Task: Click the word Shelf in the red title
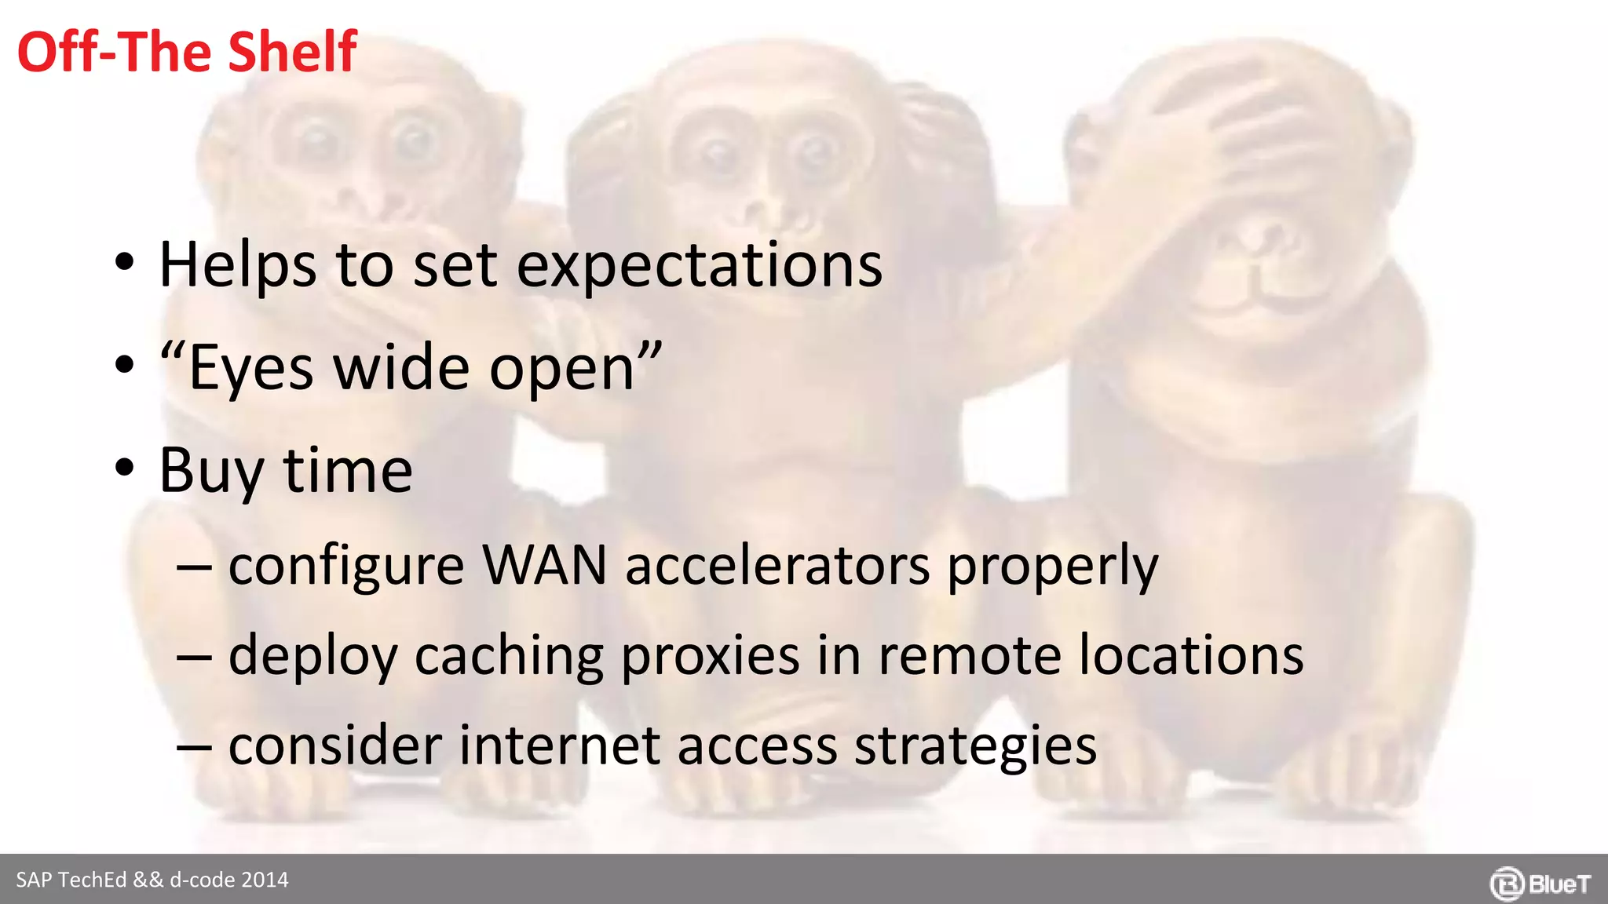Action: coord(292,52)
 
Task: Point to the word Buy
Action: coord(210,471)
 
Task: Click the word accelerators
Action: coord(777,565)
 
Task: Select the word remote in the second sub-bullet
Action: coord(970,655)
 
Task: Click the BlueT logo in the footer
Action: coord(1540,884)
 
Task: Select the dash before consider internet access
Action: coord(193,745)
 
